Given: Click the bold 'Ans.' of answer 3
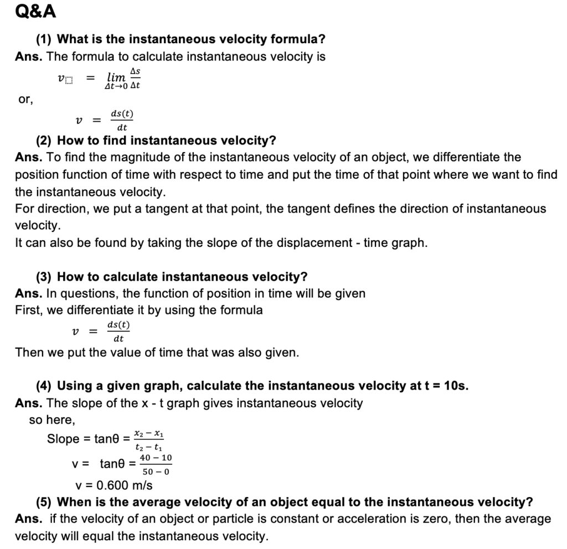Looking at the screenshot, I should tap(28, 293).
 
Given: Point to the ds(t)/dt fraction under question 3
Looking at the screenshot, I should tap(118, 331).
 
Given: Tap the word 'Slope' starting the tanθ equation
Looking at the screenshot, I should tap(63, 439).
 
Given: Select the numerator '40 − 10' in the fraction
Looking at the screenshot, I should tap(156, 458).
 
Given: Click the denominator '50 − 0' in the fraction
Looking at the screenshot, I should tap(156, 472).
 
